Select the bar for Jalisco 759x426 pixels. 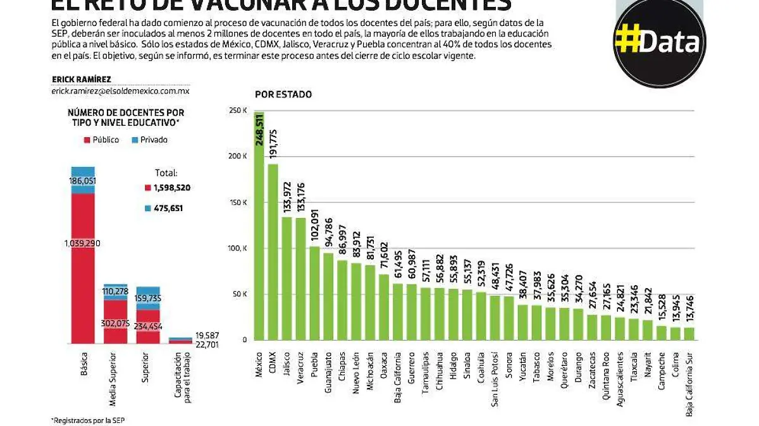[x=287, y=278]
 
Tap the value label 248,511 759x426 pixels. [x=259, y=130]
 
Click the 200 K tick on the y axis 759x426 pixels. [x=237, y=156]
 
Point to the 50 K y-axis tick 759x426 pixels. [x=239, y=294]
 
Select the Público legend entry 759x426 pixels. [x=101, y=140]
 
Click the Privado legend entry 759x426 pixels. [x=150, y=140]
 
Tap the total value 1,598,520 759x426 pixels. [x=168, y=188]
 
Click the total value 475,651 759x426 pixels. [x=168, y=208]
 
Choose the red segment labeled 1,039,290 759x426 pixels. [x=82, y=265]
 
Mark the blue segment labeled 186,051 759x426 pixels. [x=82, y=180]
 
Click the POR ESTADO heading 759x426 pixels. [x=283, y=94]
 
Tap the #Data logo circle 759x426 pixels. [x=660, y=43]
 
